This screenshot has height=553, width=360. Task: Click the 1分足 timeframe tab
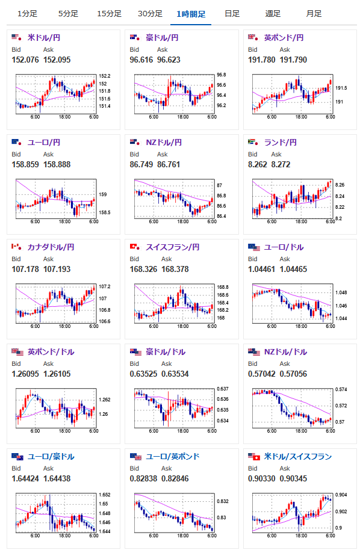28,14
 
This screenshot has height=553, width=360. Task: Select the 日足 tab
232,14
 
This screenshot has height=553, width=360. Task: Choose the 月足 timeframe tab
314,14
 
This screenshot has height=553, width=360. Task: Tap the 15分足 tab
109,14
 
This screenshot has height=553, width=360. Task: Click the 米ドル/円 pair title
44,38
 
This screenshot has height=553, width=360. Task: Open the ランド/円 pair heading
281,143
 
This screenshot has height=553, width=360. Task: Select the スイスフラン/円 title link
173,247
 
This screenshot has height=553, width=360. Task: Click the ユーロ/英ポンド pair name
173,457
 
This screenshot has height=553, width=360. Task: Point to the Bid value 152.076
25,60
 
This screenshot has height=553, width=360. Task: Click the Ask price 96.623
169,60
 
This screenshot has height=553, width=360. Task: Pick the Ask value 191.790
293,60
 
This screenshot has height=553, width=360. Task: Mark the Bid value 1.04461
261,270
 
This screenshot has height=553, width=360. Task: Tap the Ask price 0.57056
293,374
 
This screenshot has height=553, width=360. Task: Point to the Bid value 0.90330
261,478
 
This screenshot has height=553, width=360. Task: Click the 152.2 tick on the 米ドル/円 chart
105,76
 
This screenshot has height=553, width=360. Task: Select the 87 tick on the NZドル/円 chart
220,185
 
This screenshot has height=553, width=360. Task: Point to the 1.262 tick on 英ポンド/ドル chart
105,400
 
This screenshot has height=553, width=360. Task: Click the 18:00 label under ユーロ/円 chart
64,221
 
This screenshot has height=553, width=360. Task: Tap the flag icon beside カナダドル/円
16,247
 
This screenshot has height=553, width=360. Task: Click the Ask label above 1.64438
48,468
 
